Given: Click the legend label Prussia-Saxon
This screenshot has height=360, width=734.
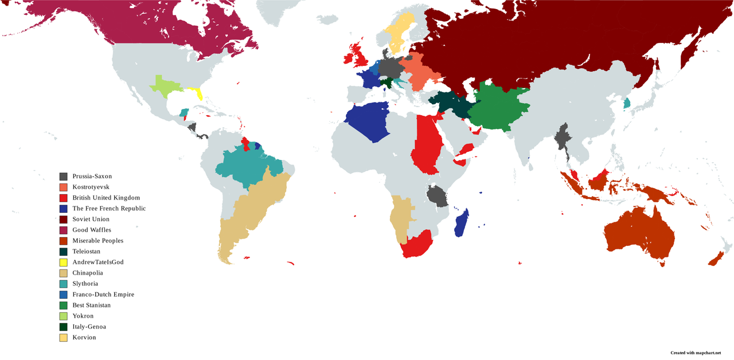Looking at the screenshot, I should coord(92,177).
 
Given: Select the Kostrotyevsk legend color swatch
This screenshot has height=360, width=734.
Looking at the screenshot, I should coord(64,187).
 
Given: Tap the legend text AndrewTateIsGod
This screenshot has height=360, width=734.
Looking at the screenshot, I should coord(97,263).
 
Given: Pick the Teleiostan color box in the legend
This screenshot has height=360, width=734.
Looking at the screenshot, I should coord(64,252).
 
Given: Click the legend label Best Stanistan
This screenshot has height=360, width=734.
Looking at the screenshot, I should coord(91,306).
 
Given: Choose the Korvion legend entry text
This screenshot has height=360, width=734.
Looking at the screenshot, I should coord(84,338).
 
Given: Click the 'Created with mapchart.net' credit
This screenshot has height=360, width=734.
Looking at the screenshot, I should coord(695,353).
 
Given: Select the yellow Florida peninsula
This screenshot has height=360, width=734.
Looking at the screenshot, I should coord(198,93).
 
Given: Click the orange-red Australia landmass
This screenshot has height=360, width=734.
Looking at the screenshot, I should coord(637,229).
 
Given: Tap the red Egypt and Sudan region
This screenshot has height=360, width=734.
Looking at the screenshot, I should coord(426,143).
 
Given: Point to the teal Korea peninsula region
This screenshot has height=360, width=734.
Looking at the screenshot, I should coord(627,103).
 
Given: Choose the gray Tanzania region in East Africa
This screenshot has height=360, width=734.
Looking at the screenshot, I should coord(437,196).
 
